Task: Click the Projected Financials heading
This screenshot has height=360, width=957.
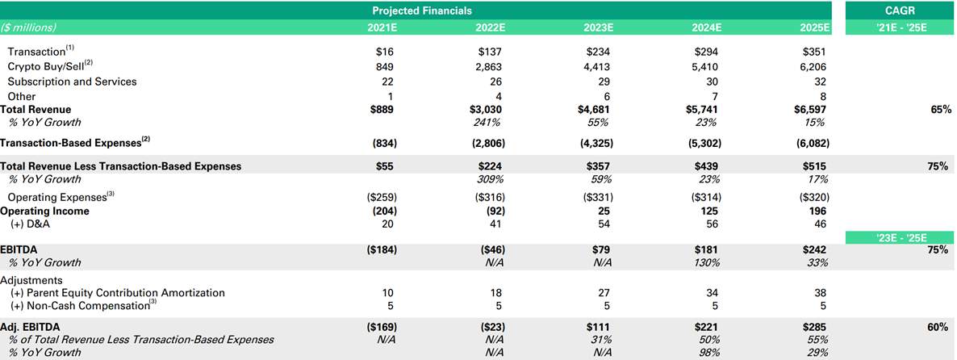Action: tap(422, 10)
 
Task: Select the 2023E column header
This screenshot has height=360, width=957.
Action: tap(598, 27)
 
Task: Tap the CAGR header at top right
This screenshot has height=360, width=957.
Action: tap(900, 10)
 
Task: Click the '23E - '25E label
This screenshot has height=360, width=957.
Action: tap(900, 237)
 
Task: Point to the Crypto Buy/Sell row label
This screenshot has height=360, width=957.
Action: tap(50, 66)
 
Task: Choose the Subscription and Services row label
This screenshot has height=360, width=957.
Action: tap(72, 82)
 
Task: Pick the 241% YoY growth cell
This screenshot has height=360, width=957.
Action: tap(492, 123)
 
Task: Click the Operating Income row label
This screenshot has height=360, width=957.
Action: tap(44, 211)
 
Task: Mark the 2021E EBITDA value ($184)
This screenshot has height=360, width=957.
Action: tap(380, 250)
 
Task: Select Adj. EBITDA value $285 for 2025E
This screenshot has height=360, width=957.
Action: tap(815, 328)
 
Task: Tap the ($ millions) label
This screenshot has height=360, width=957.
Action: tap(29, 27)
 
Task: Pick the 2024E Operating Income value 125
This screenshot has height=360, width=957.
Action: tap(712, 211)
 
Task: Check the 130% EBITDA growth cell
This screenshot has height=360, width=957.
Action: tap(708, 263)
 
